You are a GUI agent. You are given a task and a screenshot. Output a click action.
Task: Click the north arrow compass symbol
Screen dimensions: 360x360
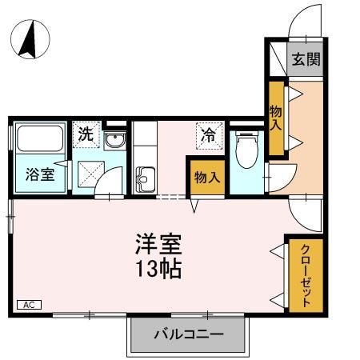[x=30, y=40]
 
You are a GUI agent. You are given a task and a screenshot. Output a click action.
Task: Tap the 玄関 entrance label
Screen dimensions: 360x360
[x=305, y=59]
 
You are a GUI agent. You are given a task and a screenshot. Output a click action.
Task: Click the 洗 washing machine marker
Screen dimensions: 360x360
[x=85, y=134]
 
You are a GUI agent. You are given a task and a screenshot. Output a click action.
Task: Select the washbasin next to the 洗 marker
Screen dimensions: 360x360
[x=114, y=142]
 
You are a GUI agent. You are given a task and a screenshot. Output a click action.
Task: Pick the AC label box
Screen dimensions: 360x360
[x=29, y=305]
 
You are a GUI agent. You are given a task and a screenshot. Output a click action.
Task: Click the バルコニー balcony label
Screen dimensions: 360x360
[x=188, y=334]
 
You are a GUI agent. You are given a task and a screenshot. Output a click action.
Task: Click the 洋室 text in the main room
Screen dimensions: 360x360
[x=158, y=242]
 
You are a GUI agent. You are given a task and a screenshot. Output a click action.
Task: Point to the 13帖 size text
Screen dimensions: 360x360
[x=158, y=268]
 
